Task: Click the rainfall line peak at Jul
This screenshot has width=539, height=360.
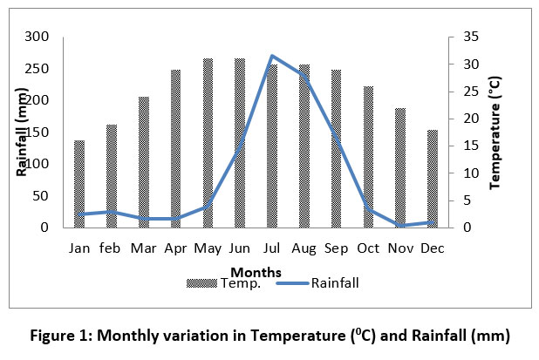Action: click(x=272, y=56)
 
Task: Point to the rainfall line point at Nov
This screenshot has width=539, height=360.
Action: click(x=400, y=225)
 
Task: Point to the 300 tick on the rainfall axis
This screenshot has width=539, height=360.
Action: click(x=39, y=37)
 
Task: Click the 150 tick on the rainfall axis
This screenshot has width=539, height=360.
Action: click(x=39, y=132)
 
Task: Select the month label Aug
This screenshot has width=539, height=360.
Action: click(x=304, y=248)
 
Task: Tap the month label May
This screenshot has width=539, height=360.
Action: click(x=208, y=248)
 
